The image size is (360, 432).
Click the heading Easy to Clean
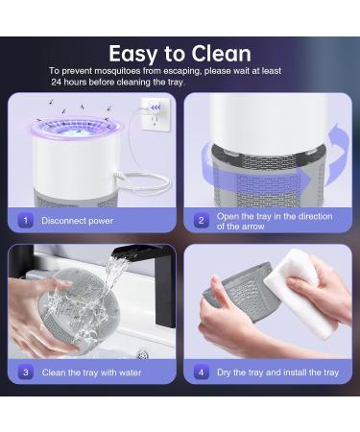pos(180,54)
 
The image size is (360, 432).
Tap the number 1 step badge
pos(27,221)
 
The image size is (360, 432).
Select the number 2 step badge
pos(202,221)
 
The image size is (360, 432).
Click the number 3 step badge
pos(27,372)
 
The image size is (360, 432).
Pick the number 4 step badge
pos(202,372)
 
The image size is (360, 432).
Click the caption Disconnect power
pos(77,221)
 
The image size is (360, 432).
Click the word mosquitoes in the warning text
pos(124,71)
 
